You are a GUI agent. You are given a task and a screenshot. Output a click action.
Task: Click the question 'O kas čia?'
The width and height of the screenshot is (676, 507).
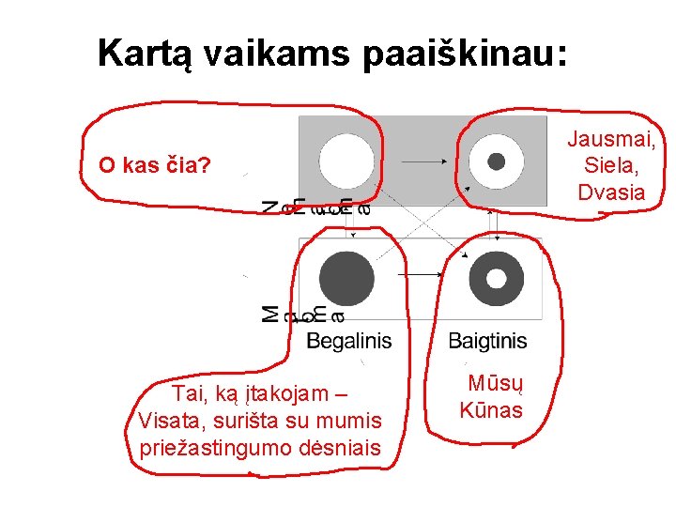156,167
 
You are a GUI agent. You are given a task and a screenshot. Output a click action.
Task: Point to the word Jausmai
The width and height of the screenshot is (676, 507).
611,140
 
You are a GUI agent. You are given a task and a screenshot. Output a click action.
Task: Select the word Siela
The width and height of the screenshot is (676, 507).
611,166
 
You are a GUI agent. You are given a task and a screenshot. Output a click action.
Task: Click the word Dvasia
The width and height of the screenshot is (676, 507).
611,192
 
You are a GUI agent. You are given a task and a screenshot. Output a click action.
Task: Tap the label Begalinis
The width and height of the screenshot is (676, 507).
348,341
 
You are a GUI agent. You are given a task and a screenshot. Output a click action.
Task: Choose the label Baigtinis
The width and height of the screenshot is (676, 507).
487,341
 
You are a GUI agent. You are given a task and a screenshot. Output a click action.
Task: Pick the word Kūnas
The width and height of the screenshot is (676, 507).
491,409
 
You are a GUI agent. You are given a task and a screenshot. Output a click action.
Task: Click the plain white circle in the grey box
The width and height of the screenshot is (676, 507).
346,161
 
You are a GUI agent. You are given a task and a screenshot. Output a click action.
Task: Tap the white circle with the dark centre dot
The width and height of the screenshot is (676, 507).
497,161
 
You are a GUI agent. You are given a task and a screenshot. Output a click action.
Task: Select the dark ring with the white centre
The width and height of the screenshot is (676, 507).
497,279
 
